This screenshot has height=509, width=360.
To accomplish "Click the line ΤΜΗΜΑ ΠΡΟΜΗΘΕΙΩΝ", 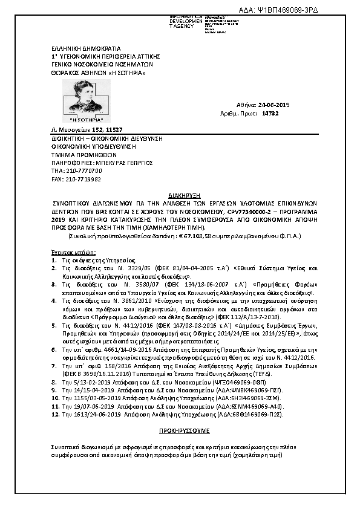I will coord(76,154).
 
